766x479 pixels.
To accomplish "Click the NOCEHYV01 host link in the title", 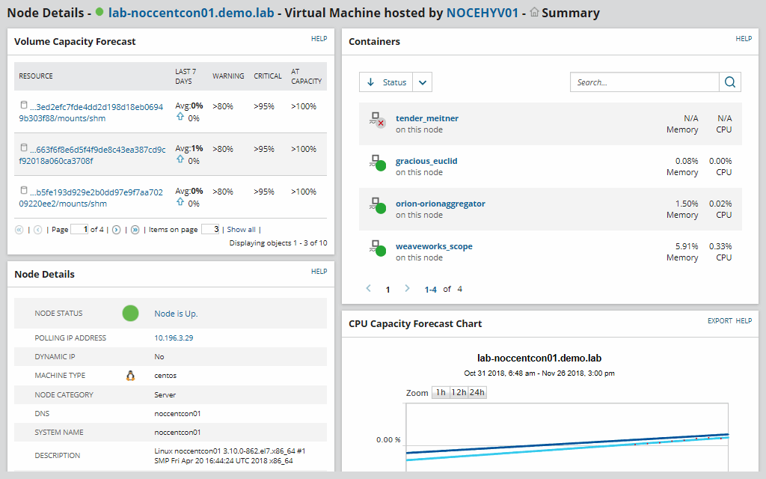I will pyautogui.click(x=482, y=13).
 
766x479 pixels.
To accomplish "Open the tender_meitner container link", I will pyautogui.click(x=427, y=118).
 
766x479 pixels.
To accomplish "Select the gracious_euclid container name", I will pyautogui.click(x=426, y=161).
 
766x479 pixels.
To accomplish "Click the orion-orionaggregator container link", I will pyautogui.click(x=440, y=204).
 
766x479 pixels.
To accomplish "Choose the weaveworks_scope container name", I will pyautogui.click(x=434, y=246).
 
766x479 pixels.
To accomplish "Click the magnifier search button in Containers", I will pyautogui.click(x=730, y=82).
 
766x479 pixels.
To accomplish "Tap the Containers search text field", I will pyautogui.click(x=644, y=82).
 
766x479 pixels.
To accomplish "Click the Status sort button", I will pyautogui.click(x=387, y=82).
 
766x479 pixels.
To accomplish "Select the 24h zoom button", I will pyautogui.click(x=477, y=393).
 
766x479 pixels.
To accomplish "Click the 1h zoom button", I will pyautogui.click(x=441, y=393).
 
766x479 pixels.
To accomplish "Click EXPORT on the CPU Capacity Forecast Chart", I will pyautogui.click(x=720, y=321).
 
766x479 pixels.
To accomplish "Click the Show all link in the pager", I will pyautogui.click(x=241, y=230).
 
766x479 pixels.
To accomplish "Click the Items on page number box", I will pyautogui.click(x=210, y=230).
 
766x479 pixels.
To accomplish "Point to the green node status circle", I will pyautogui.click(x=131, y=314).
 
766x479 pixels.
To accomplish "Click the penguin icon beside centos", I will pyautogui.click(x=130, y=376).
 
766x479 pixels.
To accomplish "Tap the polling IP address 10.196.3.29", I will pyautogui.click(x=173, y=338).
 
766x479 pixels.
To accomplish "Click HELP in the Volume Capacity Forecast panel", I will pyautogui.click(x=319, y=39).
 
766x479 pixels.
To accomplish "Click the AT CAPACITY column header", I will pyautogui.click(x=306, y=76).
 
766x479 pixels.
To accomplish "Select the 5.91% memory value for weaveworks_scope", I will pyautogui.click(x=686, y=246).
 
